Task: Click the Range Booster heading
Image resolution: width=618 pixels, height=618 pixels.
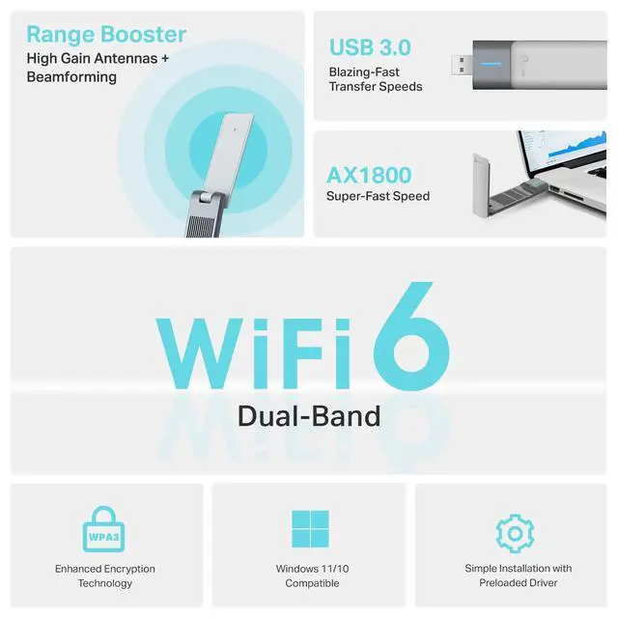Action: [106, 36]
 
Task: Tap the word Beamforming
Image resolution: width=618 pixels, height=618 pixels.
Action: [71, 77]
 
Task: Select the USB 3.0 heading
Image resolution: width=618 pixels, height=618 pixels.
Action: [370, 47]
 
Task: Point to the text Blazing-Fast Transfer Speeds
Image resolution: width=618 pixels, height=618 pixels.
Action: [376, 79]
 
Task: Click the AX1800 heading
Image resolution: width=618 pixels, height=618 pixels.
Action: [369, 176]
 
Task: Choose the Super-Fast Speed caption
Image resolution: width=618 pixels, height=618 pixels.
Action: [379, 197]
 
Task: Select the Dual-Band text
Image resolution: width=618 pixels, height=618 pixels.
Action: [309, 416]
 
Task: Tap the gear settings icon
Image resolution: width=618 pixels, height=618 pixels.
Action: [515, 532]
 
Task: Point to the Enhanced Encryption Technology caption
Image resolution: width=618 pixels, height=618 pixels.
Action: [104, 576]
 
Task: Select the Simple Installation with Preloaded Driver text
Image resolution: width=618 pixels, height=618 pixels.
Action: [519, 576]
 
